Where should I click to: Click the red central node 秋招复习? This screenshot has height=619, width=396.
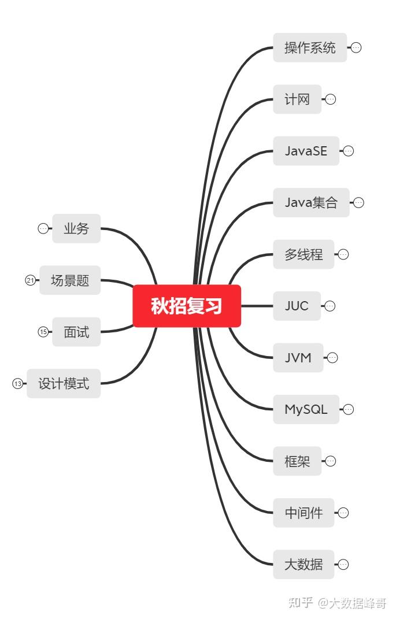187,306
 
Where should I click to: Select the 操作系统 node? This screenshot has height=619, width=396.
310,47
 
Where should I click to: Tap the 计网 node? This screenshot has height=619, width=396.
297,99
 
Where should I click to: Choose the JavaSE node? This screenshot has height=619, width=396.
306,151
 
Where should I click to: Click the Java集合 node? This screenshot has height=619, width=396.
311,202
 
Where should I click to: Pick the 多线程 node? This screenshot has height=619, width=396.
304,254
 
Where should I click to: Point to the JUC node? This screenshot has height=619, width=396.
297,306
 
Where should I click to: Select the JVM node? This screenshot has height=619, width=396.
298,358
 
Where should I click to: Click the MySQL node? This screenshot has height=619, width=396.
306,409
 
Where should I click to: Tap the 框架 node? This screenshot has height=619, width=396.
297,461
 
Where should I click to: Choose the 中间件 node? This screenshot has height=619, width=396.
304,513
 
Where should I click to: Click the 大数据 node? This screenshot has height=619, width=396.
304,565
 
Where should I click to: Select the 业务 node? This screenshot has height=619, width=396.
76,228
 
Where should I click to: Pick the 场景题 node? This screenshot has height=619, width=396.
70,280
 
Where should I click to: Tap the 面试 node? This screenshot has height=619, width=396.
76,332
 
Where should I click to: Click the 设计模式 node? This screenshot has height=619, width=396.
64,383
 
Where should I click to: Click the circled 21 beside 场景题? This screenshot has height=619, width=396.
30,280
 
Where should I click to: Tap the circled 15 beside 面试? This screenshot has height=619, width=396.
43,332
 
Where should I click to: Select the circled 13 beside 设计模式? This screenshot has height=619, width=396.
17,383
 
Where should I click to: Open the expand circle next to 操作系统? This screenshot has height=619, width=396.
356,47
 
